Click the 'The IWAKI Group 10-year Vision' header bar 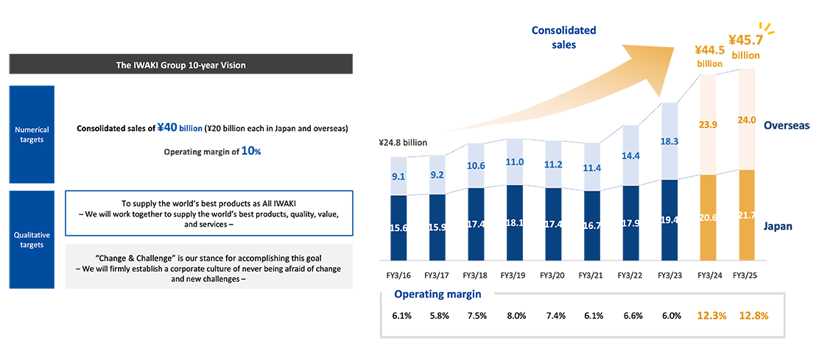coord(180,66)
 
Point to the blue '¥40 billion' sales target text coord(179,128)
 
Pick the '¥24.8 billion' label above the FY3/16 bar coord(404,142)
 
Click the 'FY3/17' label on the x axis coord(439,275)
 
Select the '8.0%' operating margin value coord(516,316)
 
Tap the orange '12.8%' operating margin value coord(753,316)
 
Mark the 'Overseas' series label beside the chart coord(787,125)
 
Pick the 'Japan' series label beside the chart coord(778,227)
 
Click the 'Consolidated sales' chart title coord(564,38)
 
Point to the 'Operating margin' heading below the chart coord(437,294)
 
